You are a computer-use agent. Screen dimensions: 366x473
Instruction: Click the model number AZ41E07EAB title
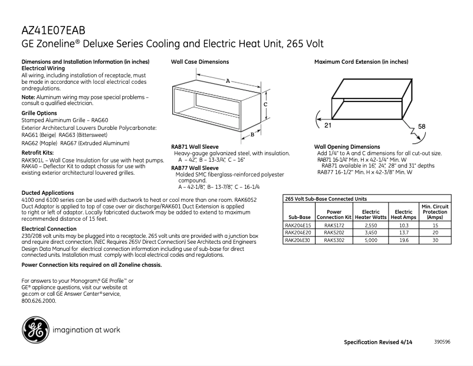[58, 31]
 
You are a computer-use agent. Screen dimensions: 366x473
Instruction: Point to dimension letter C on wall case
[266, 104]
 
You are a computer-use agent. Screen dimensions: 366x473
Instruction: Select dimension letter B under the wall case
[252, 134]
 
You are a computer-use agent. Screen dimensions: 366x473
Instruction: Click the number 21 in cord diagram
[327, 126]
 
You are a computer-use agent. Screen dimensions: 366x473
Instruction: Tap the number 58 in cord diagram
[421, 127]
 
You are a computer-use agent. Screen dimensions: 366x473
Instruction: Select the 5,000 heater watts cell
[370, 240]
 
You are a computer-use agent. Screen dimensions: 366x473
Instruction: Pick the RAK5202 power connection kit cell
[334, 233]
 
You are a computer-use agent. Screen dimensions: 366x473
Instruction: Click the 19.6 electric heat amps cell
[403, 240]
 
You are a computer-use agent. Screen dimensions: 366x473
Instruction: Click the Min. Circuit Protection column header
[435, 211]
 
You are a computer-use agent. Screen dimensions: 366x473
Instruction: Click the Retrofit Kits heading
[37, 152]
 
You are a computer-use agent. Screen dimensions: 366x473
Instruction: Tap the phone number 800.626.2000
[38, 300]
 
